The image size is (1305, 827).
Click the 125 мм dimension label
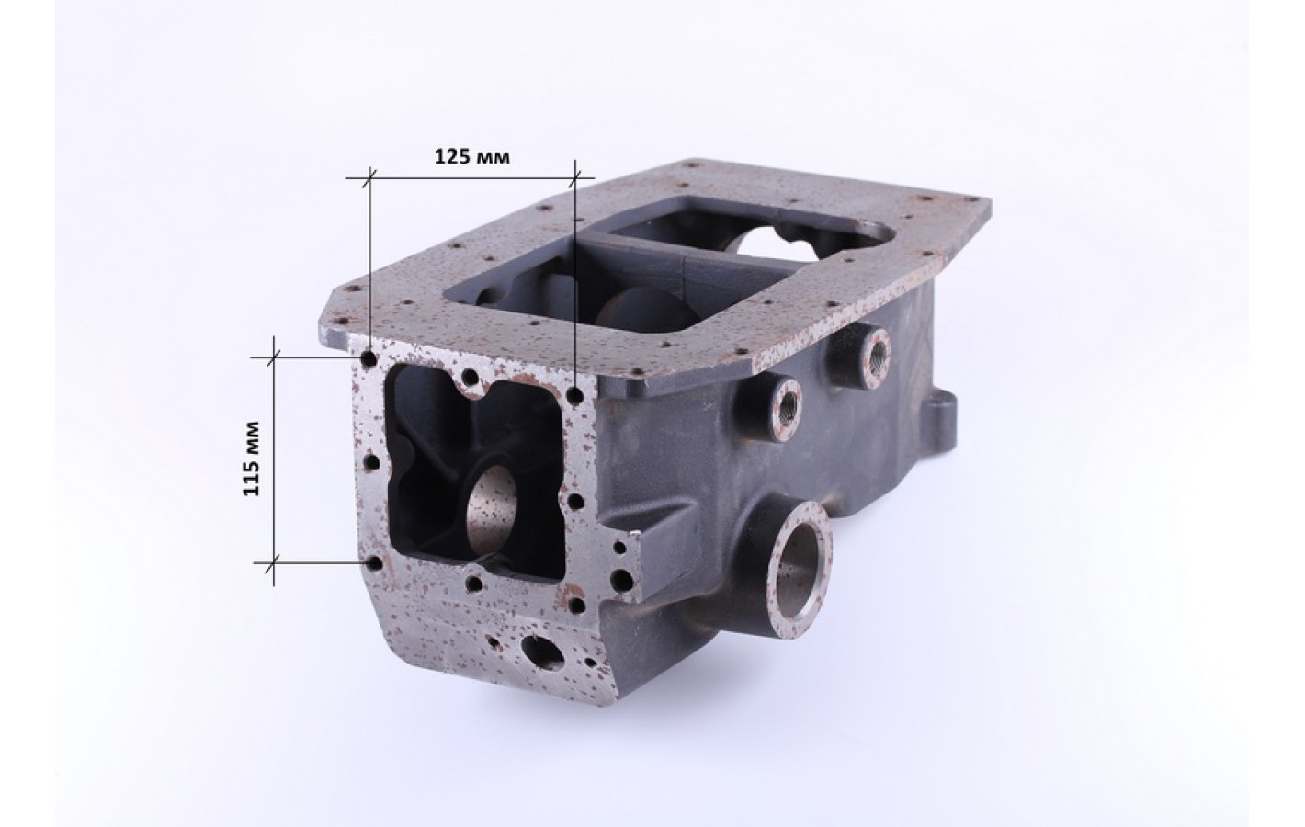(471, 157)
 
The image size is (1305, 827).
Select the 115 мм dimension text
(251, 459)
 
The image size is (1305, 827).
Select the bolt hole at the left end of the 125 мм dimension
(369, 358)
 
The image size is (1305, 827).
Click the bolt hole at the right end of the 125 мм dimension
(575, 397)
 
